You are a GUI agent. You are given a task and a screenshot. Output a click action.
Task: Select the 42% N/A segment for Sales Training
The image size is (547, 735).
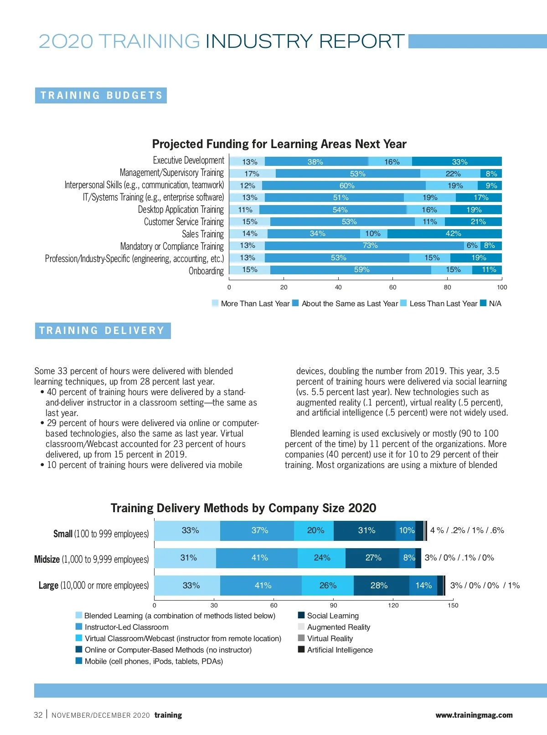[444, 234]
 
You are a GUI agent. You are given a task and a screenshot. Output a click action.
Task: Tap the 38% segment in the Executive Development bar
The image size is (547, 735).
[315, 162]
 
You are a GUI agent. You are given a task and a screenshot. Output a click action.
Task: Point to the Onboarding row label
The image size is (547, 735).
[206, 271]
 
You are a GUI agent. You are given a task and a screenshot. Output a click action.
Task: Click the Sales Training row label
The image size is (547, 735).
[203, 234]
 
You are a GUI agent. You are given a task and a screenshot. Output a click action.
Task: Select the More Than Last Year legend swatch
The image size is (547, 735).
[215, 303]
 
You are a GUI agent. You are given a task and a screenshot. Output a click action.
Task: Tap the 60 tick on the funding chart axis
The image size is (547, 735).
[393, 287]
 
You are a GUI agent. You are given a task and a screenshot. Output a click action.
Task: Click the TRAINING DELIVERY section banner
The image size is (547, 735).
[103, 330]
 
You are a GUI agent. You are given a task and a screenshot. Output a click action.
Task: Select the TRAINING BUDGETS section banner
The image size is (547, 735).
[101, 95]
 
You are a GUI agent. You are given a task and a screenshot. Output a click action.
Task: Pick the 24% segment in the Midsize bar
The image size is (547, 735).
[322, 558]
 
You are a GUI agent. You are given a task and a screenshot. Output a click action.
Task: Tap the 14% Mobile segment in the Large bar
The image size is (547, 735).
[423, 586]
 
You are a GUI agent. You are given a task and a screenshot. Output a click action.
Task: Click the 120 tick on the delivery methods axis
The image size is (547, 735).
[393, 605]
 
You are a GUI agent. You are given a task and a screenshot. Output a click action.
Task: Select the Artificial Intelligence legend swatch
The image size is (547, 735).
[301, 649]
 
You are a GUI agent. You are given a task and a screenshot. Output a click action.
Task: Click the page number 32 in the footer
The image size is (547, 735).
[38, 715]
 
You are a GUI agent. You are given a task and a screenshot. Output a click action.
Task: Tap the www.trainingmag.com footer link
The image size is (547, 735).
[474, 715]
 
